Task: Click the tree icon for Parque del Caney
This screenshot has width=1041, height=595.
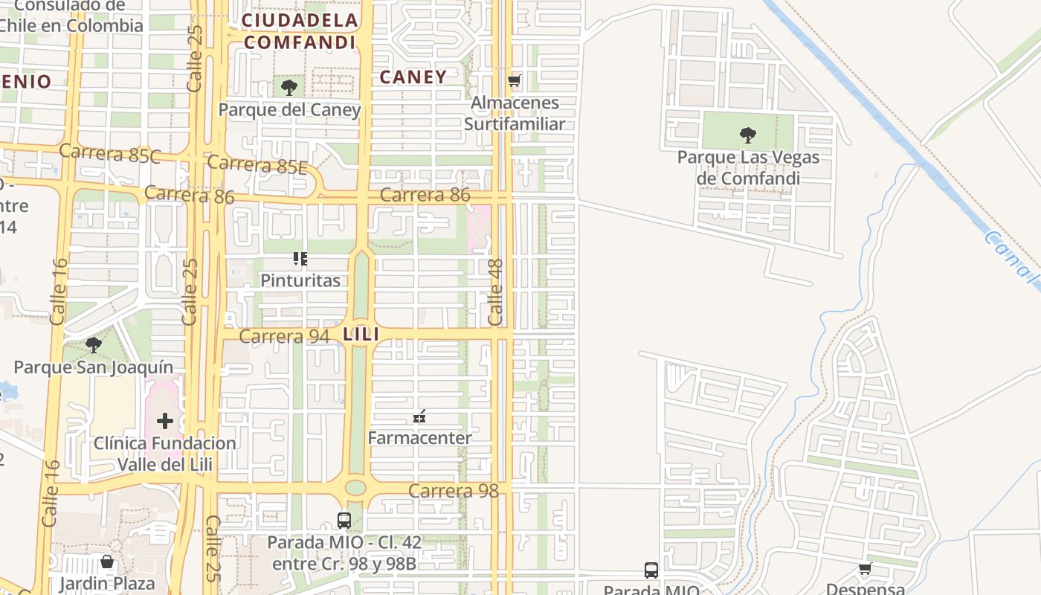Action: [289, 88]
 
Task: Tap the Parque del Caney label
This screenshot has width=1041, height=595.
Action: [289, 110]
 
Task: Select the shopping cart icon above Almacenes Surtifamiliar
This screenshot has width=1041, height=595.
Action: [514, 80]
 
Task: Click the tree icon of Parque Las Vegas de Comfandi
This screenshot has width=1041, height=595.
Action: [748, 135]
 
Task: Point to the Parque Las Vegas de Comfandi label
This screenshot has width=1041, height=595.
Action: [748, 168]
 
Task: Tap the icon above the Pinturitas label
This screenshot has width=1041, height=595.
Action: [300, 259]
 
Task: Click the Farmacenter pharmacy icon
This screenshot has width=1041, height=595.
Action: [419, 416]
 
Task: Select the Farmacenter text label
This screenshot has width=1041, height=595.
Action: [419, 438]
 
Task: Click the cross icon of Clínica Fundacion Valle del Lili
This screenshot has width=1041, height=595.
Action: [165, 421]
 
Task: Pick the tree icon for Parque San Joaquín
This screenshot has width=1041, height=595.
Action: [94, 345]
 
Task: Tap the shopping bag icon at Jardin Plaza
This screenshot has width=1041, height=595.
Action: [107, 562]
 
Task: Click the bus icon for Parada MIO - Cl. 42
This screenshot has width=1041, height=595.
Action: [344, 521]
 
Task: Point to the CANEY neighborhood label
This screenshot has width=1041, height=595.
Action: [413, 77]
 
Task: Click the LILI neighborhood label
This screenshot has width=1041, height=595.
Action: [361, 335]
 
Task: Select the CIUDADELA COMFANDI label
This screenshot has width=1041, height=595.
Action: [300, 31]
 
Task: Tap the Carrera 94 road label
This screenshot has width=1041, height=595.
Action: [284, 337]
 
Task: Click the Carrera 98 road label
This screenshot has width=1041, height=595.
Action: [453, 491]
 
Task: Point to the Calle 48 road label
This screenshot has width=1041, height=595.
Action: [496, 292]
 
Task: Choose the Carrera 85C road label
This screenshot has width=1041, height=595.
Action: [110, 153]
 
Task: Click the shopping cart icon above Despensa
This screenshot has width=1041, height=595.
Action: [865, 569]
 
